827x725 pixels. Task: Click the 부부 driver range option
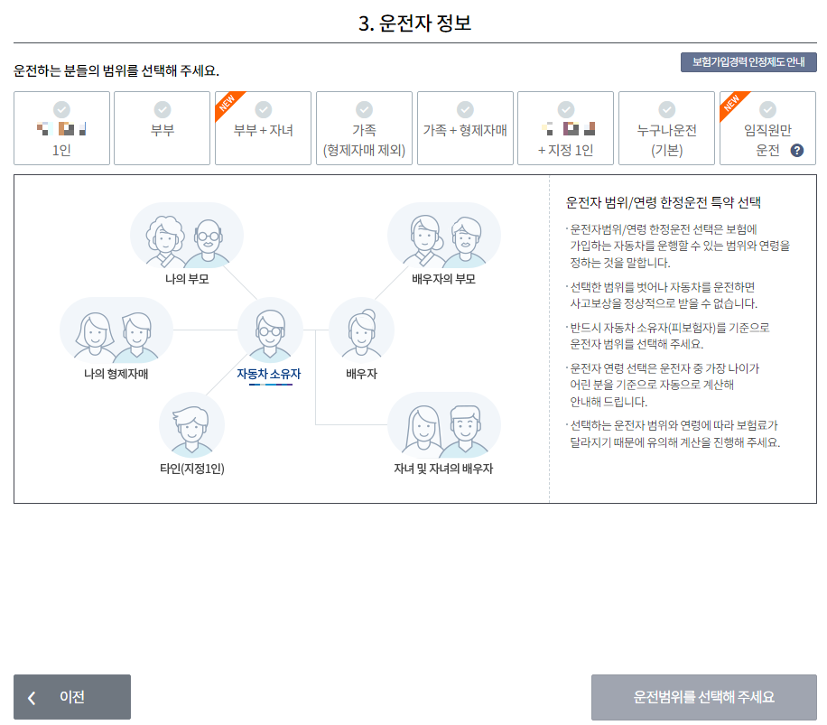(x=163, y=129)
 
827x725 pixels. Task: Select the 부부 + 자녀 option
(x=263, y=129)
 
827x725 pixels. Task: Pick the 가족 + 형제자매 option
(x=465, y=129)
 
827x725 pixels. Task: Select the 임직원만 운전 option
(x=767, y=129)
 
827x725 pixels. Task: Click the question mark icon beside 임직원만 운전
(x=797, y=150)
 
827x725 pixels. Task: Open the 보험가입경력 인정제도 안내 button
(x=748, y=62)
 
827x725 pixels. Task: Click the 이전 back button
(x=72, y=697)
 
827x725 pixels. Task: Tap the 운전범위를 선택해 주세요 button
(x=704, y=697)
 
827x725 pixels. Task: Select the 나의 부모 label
(x=187, y=279)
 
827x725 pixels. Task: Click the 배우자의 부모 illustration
(x=443, y=235)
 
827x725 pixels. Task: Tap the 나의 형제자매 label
(x=116, y=374)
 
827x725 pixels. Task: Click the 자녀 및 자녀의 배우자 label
(x=443, y=469)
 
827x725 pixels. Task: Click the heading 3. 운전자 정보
(x=414, y=23)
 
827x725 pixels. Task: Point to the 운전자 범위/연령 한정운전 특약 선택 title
(x=664, y=202)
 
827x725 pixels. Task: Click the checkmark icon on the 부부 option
(x=163, y=108)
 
